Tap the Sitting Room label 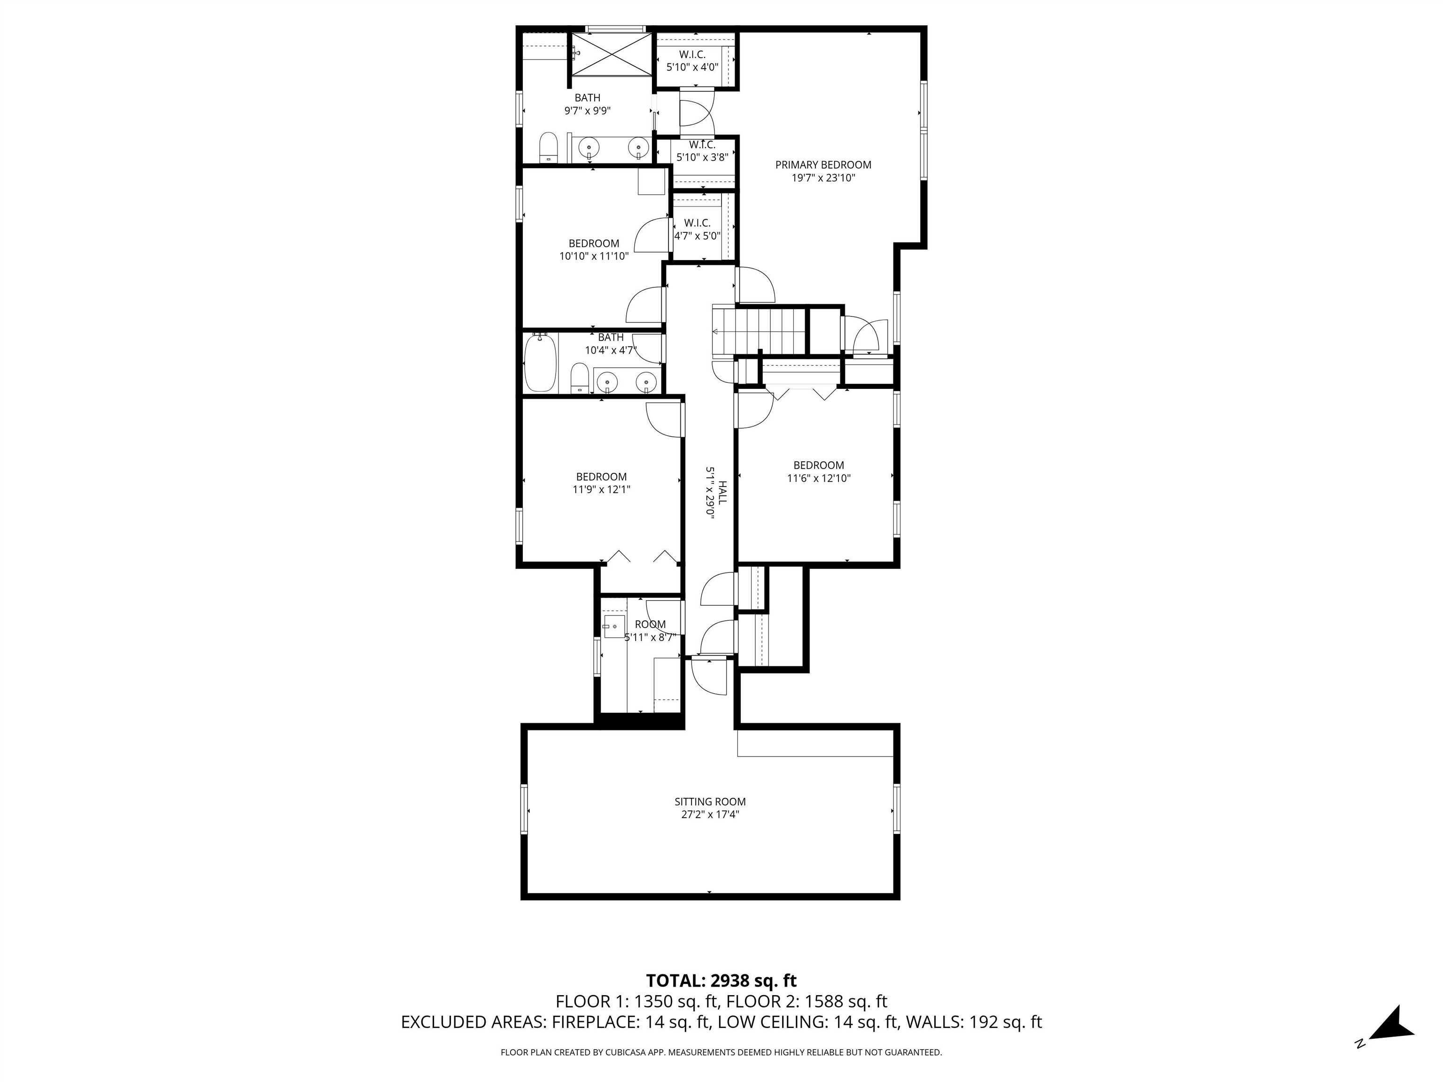click(x=710, y=802)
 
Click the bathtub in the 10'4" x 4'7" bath click(x=540, y=363)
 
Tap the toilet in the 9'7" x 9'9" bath click(x=549, y=147)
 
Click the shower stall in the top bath click(x=611, y=54)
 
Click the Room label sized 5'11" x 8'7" click(x=651, y=624)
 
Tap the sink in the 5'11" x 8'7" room click(x=614, y=627)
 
